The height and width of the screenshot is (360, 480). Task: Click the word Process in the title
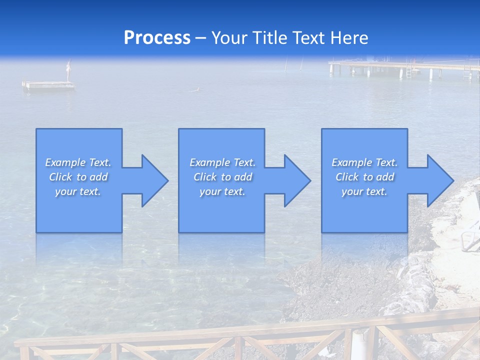157,38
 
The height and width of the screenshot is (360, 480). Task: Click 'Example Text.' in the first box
78,162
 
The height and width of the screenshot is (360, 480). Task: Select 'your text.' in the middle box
222,191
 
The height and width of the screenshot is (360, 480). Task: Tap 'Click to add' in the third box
365,177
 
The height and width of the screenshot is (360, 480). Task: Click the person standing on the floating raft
69,70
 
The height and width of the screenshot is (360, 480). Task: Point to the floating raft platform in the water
48,85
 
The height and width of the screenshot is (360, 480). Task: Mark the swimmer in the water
196,90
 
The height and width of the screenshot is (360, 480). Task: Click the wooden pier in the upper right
400,66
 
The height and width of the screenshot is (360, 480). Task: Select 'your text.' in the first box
78,191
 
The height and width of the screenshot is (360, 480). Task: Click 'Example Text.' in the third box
365,162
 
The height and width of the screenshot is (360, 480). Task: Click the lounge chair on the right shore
470,230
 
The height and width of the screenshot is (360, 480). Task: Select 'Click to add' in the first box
78,177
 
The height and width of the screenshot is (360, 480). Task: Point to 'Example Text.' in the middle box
222,162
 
